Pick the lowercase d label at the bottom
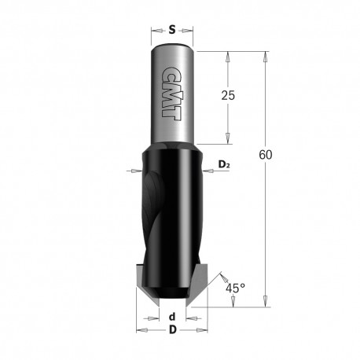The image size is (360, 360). click(171, 317)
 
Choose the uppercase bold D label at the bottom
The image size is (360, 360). click(171, 330)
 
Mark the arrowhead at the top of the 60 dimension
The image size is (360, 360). click(266, 55)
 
